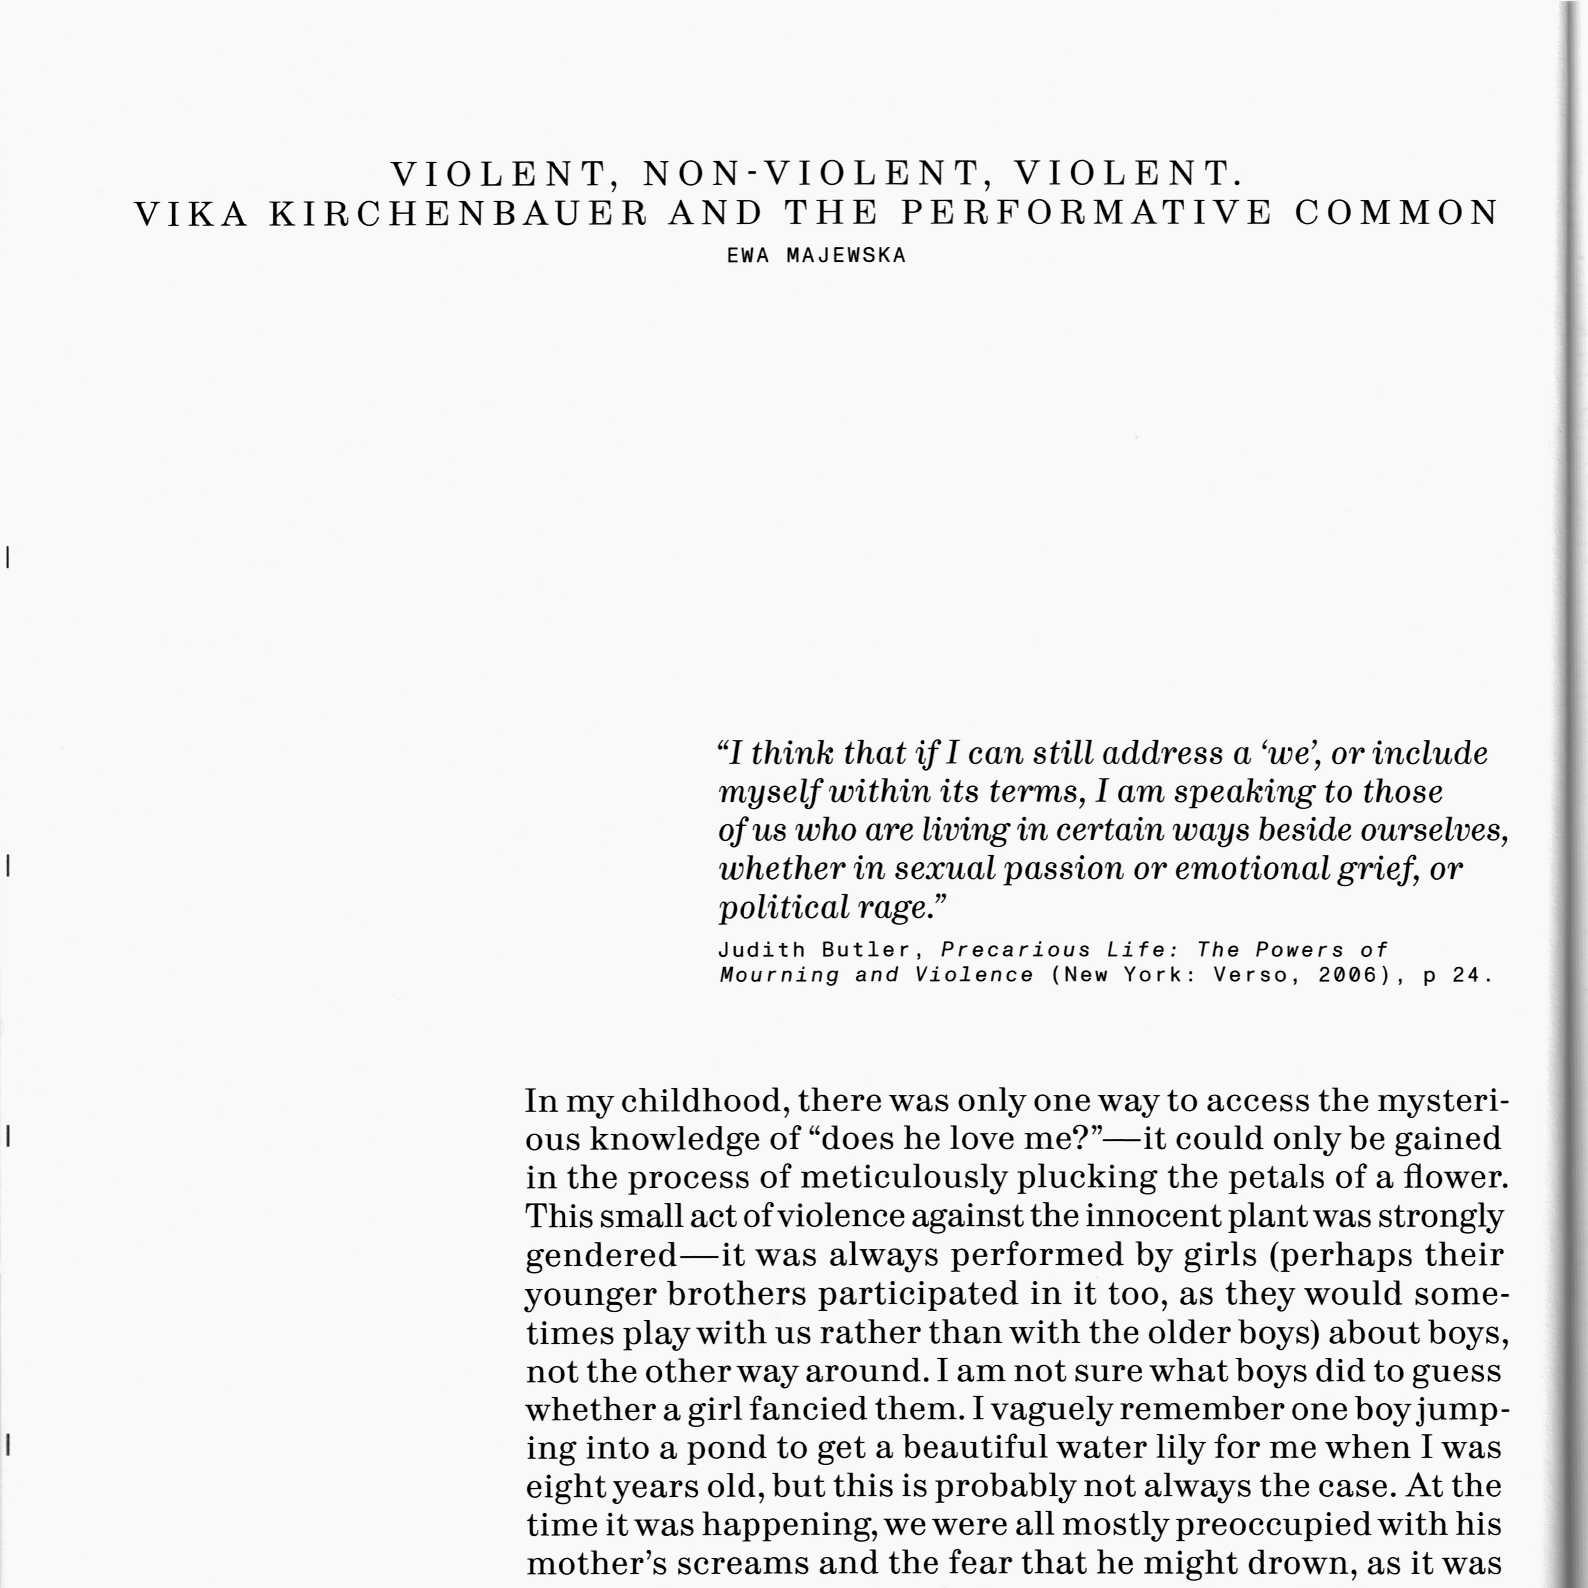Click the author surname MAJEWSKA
(x=846, y=255)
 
